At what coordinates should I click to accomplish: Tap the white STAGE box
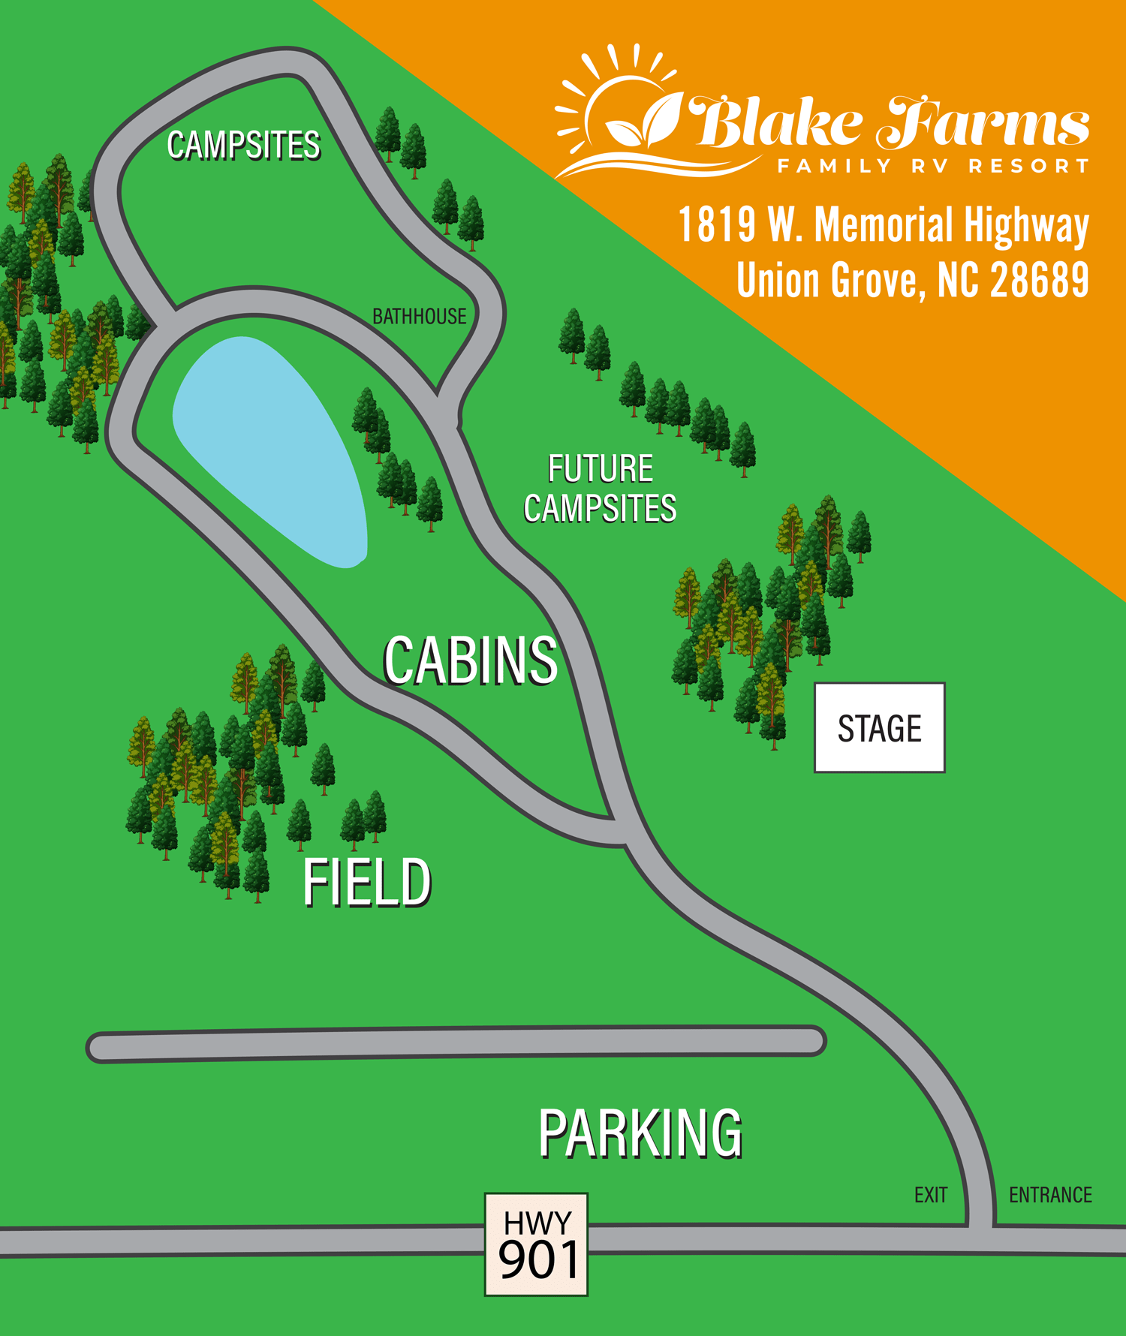point(879,727)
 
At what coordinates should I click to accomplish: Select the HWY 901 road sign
point(536,1244)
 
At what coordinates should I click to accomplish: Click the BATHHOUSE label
point(420,317)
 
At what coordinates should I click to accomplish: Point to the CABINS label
point(471,660)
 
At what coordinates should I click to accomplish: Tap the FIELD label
point(367,883)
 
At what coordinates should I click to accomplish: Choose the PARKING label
point(640,1133)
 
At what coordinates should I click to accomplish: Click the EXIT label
point(931,1195)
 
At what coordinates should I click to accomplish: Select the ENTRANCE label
point(1050,1195)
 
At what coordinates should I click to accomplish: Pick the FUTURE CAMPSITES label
point(600,489)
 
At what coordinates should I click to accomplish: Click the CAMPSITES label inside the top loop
point(244,145)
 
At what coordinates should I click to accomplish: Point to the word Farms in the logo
point(983,122)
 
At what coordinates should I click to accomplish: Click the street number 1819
point(717,224)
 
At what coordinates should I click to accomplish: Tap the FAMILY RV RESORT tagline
point(933,166)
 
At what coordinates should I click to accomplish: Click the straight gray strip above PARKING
point(456,1043)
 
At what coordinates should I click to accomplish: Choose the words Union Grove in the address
point(826,281)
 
